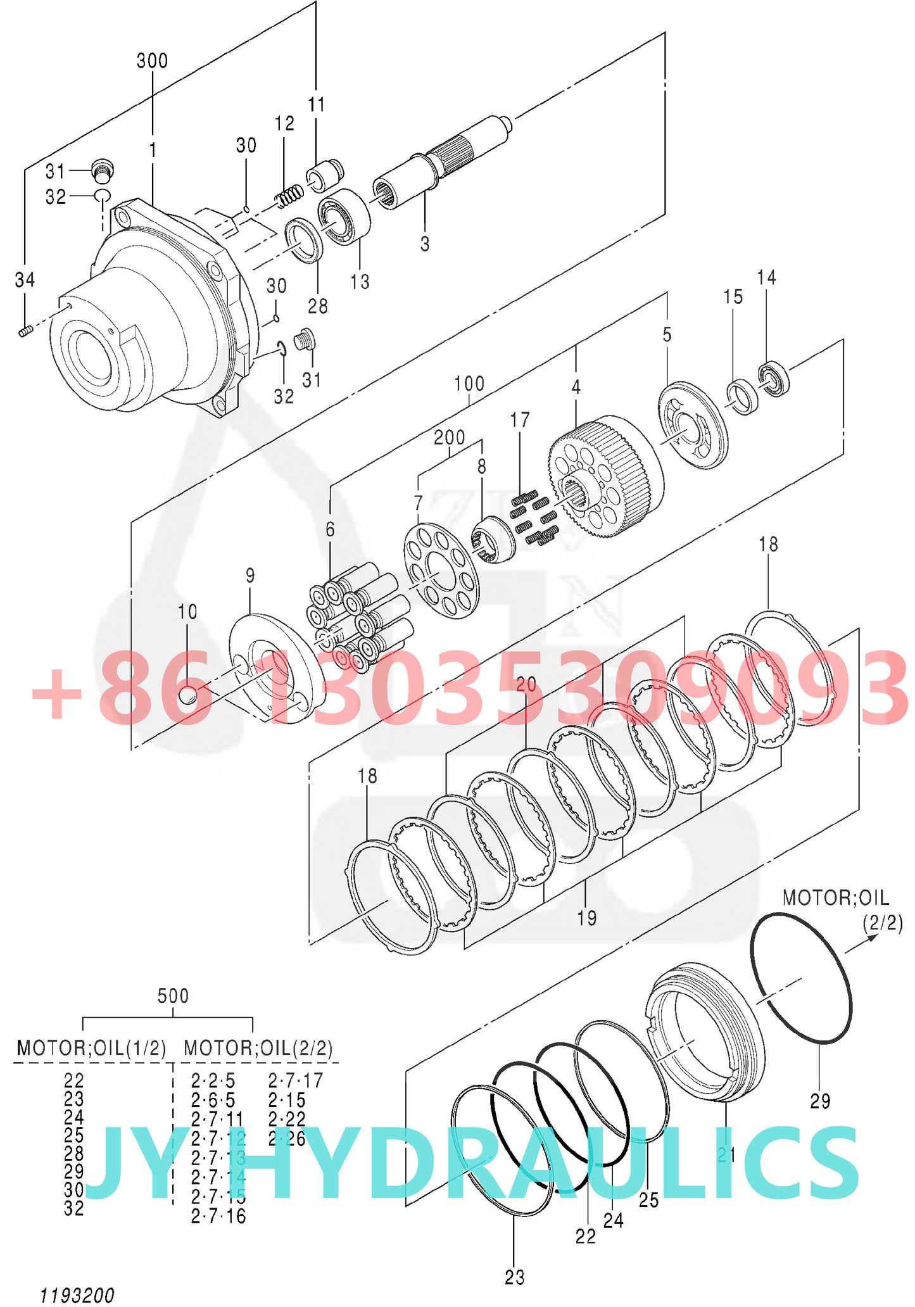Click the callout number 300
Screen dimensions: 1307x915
pyautogui.click(x=152, y=61)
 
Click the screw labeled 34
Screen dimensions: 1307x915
pyautogui.click(x=25, y=331)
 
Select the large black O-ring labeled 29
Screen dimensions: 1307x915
pyautogui.click(x=801, y=978)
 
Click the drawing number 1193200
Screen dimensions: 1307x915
pyautogui.click(x=77, y=1295)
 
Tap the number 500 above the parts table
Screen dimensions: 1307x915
pyautogui.click(x=173, y=995)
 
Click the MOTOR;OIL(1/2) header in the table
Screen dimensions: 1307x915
pyautogui.click(x=91, y=1048)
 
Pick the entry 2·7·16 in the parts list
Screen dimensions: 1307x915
pyautogui.click(x=218, y=1216)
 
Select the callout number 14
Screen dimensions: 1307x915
pyautogui.click(x=766, y=277)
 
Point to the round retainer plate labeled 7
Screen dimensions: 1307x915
pyautogui.click(x=441, y=570)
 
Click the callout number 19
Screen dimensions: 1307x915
pyautogui.click(x=586, y=918)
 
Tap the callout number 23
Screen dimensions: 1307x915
pyautogui.click(x=514, y=1277)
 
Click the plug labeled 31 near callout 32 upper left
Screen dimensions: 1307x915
pyautogui.click(x=101, y=169)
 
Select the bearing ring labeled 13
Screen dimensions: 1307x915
pyautogui.click(x=345, y=217)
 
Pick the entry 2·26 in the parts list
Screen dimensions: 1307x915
pyautogui.click(x=286, y=1139)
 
